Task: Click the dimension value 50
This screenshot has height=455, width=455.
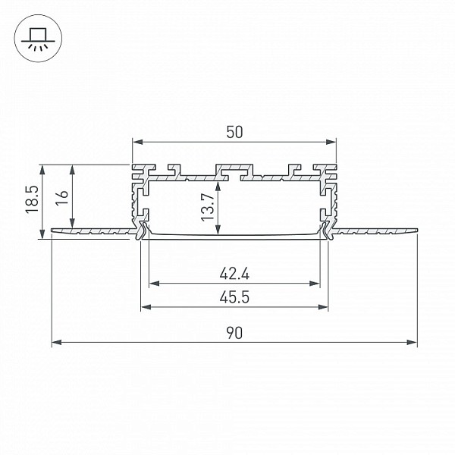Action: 234,132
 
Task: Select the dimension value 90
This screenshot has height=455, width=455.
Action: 234,333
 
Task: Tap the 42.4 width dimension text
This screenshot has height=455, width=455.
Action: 234,274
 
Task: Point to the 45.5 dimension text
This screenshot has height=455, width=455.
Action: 234,297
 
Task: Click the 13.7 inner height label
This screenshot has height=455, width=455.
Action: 208,207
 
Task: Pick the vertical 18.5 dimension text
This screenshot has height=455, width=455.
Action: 32,199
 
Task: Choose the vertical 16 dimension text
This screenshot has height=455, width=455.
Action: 61,198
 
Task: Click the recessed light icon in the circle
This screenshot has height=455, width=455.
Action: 38,39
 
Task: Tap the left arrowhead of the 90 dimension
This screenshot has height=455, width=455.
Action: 55,342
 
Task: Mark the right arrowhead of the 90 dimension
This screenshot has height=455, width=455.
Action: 413,342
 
